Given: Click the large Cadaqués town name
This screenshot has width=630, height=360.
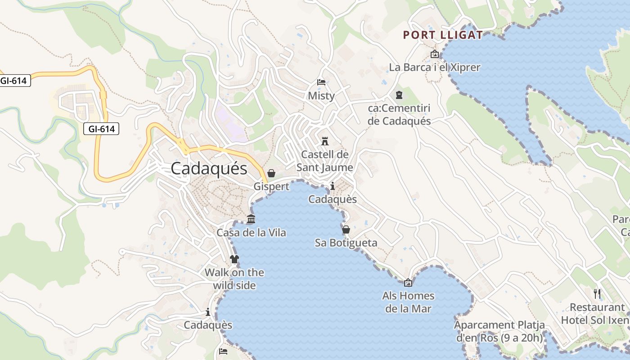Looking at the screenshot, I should point(209,168).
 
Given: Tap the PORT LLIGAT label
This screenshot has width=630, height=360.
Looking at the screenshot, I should point(443,35).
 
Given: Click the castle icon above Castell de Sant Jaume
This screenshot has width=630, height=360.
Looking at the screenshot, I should point(324,141).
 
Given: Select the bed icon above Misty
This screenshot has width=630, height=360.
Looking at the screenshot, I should point(321,82).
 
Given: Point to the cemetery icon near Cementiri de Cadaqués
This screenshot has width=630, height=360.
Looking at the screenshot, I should point(399,95).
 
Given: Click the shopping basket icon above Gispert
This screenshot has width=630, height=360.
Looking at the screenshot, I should point(271,173).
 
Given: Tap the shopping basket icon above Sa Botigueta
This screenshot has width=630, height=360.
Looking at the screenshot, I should point(346,229).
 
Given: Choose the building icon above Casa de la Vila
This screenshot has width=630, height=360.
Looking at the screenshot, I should point(251,219).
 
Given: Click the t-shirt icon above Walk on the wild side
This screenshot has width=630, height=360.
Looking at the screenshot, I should point(234,259).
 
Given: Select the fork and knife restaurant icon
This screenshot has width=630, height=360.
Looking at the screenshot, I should point(597,294).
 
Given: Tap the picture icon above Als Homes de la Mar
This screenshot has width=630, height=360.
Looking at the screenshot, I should point(408,283).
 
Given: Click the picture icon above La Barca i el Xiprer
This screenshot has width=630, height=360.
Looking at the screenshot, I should point(435,54).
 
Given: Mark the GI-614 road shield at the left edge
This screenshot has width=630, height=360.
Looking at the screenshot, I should point(14,81).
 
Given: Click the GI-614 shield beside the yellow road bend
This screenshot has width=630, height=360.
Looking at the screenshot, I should point(101,129).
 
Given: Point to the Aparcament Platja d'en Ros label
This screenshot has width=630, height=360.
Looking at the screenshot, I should point(499,331).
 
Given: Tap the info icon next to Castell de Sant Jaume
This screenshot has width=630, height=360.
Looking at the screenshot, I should point(332,186).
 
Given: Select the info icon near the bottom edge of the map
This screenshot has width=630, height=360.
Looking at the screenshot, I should point(207,311).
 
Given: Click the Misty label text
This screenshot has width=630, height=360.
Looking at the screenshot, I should point(321,95).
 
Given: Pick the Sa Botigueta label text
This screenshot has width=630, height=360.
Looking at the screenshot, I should point(346,243).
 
